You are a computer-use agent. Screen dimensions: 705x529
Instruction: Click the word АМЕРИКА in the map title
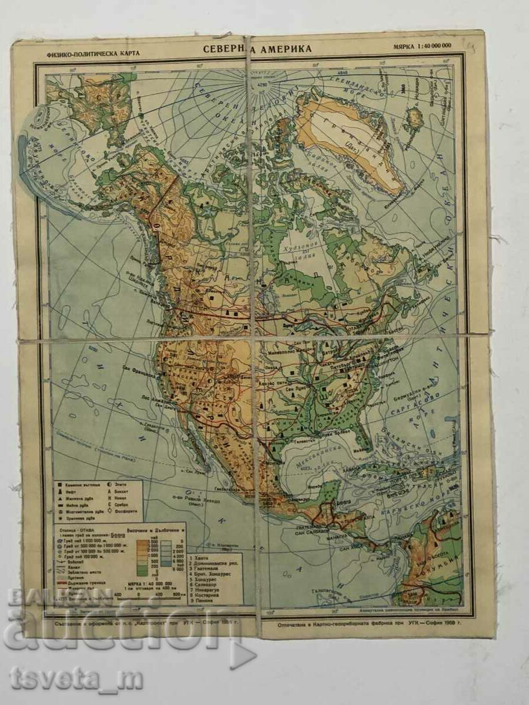point(286,49)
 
